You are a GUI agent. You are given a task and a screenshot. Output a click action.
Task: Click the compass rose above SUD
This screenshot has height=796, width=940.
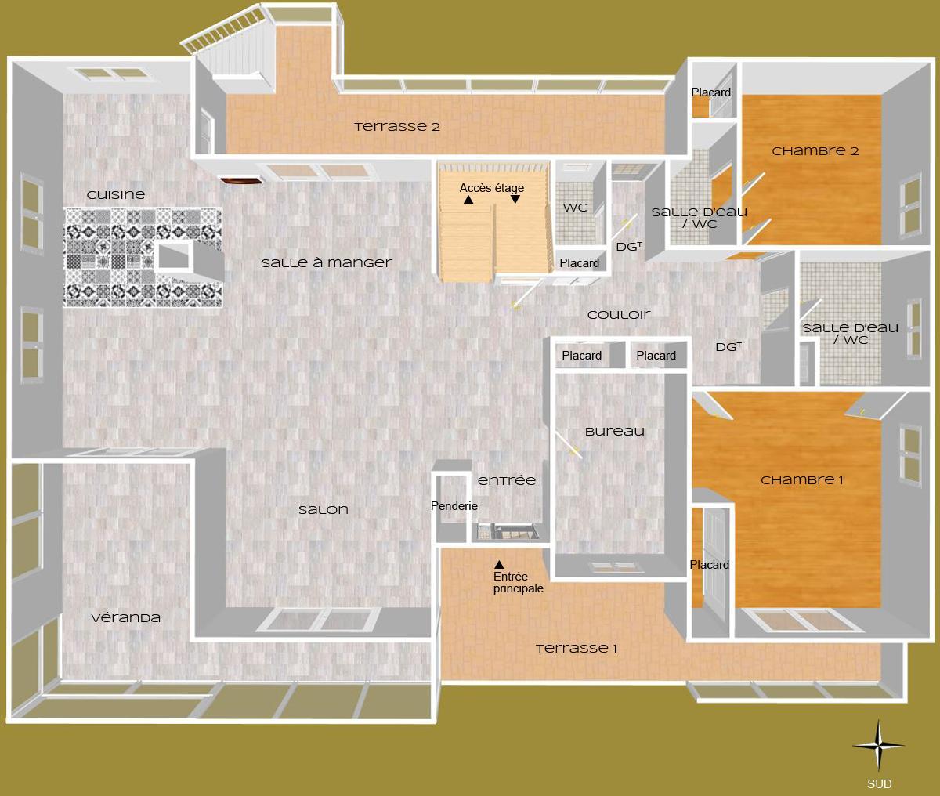(x=878, y=747)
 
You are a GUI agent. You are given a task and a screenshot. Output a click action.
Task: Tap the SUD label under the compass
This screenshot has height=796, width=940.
(x=879, y=783)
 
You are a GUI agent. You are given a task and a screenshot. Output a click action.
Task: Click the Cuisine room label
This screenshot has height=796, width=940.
(x=116, y=194)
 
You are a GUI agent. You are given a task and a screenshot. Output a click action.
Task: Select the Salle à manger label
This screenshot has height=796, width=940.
(x=327, y=263)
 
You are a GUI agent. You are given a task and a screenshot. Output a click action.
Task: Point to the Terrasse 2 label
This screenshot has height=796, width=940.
(x=396, y=126)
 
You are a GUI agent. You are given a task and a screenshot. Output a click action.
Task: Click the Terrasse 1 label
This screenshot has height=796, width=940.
(x=577, y=649)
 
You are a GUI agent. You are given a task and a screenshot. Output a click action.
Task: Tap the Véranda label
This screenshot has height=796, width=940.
(x=126, y=617)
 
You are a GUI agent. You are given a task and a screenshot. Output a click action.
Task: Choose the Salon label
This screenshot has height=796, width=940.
(x=324, y=510)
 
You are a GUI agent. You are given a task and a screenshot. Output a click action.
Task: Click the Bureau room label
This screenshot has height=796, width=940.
(x=615, y=432)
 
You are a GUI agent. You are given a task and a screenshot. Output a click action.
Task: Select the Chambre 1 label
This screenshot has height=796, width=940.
(x=801, y=480)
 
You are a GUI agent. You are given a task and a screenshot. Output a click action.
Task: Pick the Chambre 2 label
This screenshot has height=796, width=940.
(x=815, y=151)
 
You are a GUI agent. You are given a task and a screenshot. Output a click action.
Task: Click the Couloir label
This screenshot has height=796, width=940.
(x=619, y=315)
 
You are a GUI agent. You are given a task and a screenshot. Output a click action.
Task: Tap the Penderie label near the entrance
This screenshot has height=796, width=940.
(x=454, y=506)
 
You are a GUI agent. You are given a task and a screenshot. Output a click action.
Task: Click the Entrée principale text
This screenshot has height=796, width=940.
(x=518, y=583)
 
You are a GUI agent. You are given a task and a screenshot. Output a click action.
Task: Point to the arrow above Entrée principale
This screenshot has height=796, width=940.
(x=499, y=564)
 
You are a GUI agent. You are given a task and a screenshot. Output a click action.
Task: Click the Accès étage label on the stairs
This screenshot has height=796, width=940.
(x=492, y=188)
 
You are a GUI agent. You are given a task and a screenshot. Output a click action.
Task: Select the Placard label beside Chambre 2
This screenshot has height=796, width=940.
(x=711, y=92)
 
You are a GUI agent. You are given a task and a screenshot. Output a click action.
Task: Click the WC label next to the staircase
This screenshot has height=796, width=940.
(x=576, y=208)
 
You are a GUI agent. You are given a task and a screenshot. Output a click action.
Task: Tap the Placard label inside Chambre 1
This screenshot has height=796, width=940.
(x=710, y=565)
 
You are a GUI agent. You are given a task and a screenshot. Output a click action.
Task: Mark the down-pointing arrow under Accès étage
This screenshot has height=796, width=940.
(x=515, y=200)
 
